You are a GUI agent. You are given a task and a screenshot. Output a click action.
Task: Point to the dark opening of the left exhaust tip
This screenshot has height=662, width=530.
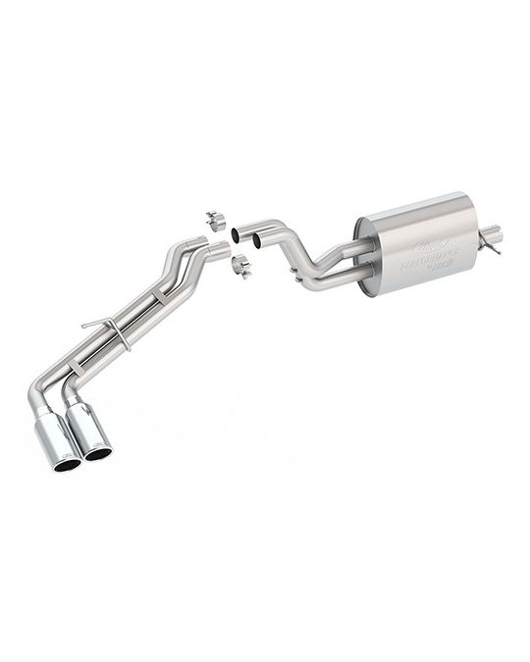tap(66, 464)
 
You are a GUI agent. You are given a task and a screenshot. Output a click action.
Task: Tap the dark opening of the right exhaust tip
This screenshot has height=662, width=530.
tap(98, 453)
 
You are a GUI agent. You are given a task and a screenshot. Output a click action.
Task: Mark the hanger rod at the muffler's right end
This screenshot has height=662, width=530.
tap(491, 246)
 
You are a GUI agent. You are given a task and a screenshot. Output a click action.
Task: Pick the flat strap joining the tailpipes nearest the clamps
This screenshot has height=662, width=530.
tap(160, 295)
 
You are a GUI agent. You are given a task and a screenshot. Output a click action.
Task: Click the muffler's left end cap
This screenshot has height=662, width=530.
tap(365, 255)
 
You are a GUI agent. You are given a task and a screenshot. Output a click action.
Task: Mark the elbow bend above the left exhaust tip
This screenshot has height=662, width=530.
tap(36, 398)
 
